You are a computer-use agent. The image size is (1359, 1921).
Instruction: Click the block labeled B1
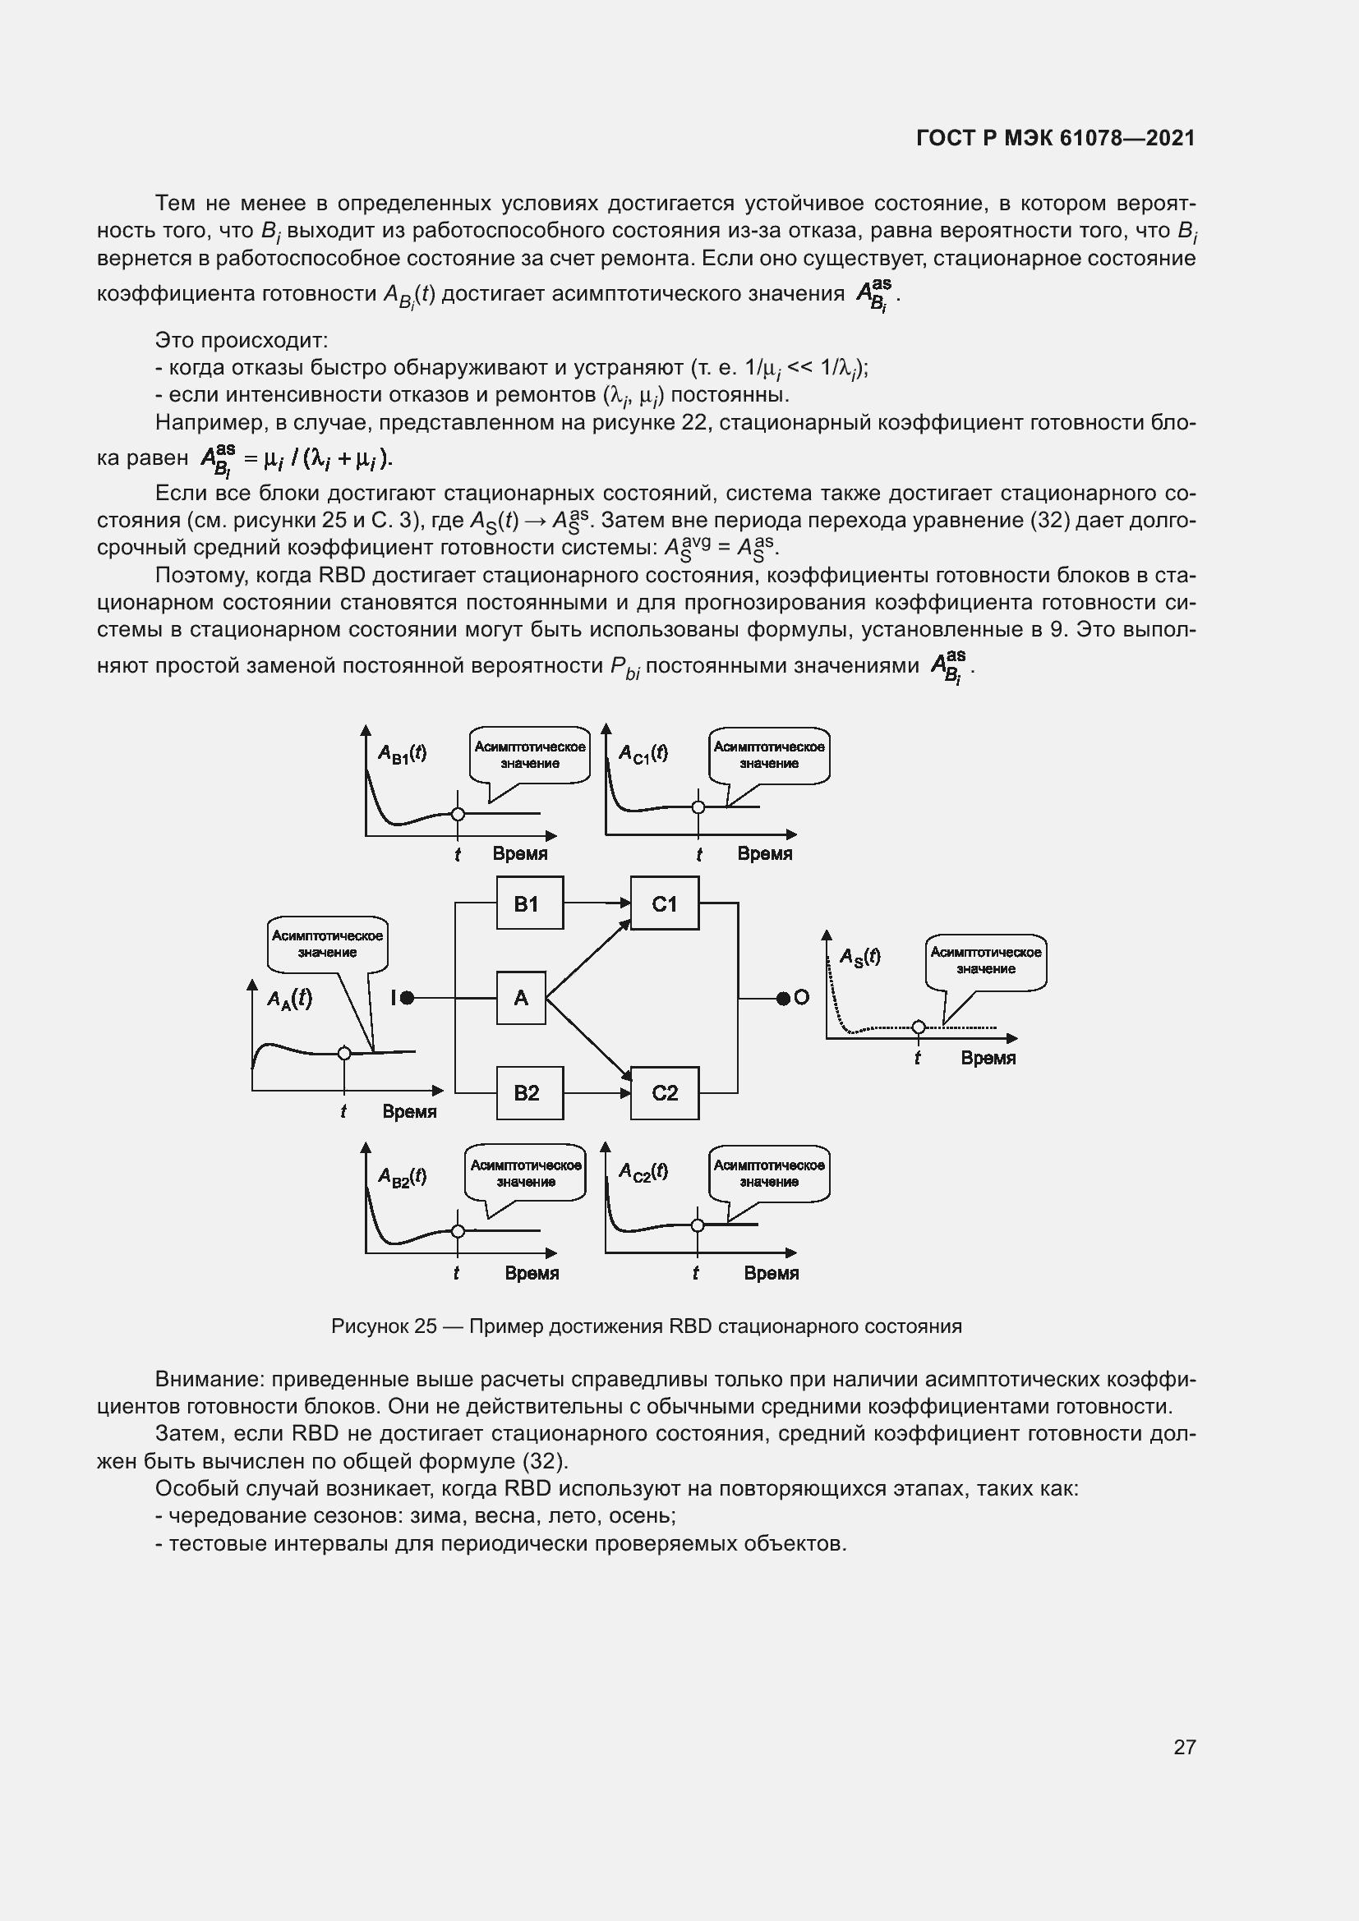[x=529, y=903]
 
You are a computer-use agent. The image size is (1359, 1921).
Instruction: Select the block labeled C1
[x=664, y=903]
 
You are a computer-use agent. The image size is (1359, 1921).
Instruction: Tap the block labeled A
[x=520, y=997]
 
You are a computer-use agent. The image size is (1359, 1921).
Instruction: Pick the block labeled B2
[x=529, y=1092]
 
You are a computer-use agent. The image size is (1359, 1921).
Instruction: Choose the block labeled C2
[x=664, y=1092]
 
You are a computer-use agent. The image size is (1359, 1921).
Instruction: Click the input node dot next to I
[x=408, y=997]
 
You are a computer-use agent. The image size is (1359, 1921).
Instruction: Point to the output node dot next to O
[x=782, y=997]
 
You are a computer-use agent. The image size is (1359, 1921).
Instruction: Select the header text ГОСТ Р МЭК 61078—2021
[x=1055, y=138]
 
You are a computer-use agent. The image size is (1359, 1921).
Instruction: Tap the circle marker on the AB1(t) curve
[x=458, y=813]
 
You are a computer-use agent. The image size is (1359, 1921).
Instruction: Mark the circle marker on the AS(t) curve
[x=918, y=1027]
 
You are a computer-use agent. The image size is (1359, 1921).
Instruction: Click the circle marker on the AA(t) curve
[x=344, y=1054]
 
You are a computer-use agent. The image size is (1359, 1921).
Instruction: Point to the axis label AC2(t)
[x=643, y=1172]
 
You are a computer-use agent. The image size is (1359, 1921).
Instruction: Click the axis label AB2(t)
[x=403, y=1176]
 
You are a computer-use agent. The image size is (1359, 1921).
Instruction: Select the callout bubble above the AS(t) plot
[x=986, y=961]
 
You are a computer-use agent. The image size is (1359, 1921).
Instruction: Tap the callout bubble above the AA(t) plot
[x=327, y=944]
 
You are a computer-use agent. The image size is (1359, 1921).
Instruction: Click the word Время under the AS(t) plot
[x=988, y=1059]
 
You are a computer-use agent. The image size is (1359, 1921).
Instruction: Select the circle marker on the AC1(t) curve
[x=698, y=807]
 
